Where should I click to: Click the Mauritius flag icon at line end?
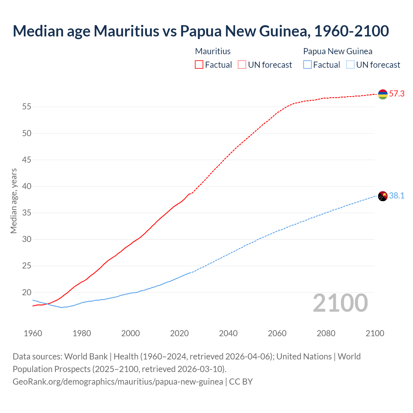pyautogui.click(x=383, y=94)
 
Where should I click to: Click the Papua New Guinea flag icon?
pyautogui.click(x=383, y=196)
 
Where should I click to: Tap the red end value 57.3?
pyautogui.click(x=397, y=94)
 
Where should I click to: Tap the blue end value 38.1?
pyautogui.click(x=397, y=196)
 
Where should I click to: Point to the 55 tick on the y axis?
pyautogui.click(x=26, y=107)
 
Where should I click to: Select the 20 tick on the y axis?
pyautogui.click(x=26, y=293)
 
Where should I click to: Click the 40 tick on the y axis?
pyautogui.click(x=26, y=186)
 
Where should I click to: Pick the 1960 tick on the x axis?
pyautogui.click(x=33, y=333)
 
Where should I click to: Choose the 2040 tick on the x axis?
pyautogui.click(x=228, y=333)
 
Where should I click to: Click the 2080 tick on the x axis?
pyautogui.click(x=326, y=333)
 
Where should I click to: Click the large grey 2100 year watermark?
pyautogui.click(x=340, y=303)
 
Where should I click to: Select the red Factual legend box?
pyautogui.click(x=199, y=65)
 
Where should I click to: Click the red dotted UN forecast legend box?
pyautogui.click(x=242, y=65)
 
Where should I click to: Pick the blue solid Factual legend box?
pyautogui.click(x=307, y=65)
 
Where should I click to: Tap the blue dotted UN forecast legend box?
pyautogui.click(x=350, y=65)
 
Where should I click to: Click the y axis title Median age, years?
pyautogui.click(x=14, y=201)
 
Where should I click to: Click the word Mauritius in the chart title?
pyautogui.click(x=126, y=31)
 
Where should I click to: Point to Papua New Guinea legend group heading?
pyautogui.click(x=337, y=51)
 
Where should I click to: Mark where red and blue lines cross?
pyautogui.click(x=48, y=304)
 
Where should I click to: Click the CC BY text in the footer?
pyautogui.click(x=241, y=382)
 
